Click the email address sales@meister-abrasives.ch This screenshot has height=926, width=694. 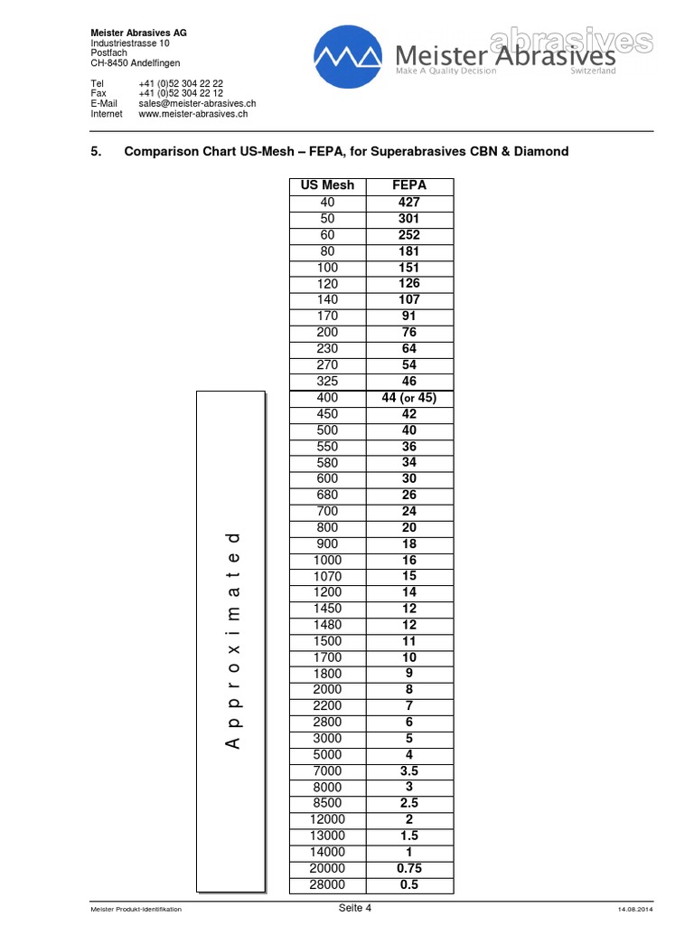pyautogui.click(x=193, y=104)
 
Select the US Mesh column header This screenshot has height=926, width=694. pyautogui.click(x=327, y=185)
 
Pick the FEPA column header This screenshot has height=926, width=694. pyautogui.click(x=409, y=185)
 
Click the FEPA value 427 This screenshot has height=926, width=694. pyautogui.click(x=409, y=203)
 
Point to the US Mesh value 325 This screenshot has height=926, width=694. pyautogui.click(x=327, y=382)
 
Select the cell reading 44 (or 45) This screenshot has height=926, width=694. pyautogui.click(x=409, y=398)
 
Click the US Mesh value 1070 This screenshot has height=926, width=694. pyautogui.click(x=327, y=576)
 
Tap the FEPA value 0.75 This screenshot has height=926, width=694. pyautogui.click(x=409, y=868)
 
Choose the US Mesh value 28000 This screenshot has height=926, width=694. pyautogui.click(x=327, y=884)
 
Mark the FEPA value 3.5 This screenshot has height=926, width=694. pyautogui.click(x=409, y=771)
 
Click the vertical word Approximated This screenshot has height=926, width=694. pyautogui.click(x=232, y=640)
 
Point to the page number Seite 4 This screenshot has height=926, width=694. pyautogui.click(x=355, y=908)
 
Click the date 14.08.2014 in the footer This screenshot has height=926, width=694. pyautogui.click(x=636, y=909)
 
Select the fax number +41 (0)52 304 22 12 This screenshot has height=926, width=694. pyautogui.click(x=181, y=93)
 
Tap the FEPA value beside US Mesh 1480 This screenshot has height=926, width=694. pyautogui.click(x=409, y=625)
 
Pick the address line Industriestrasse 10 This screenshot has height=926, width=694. pyautogui.click(x=129, y=43)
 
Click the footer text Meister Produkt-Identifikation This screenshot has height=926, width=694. pyautogui.click(x=136, y=909)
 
